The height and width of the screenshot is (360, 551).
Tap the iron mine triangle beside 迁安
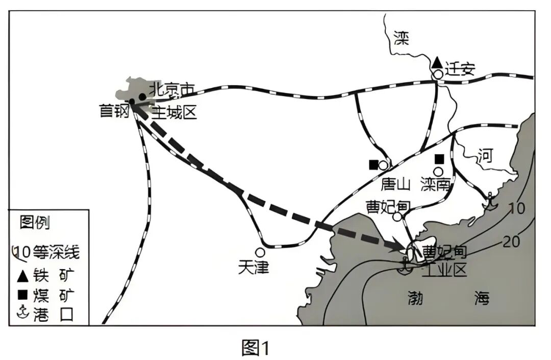point(437,63)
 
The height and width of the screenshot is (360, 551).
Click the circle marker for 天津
point(260,252)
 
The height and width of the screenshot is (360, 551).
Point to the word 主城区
point(174,111)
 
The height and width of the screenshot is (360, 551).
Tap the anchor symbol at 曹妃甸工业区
point(405,266)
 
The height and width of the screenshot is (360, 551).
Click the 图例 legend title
point(35,223)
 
